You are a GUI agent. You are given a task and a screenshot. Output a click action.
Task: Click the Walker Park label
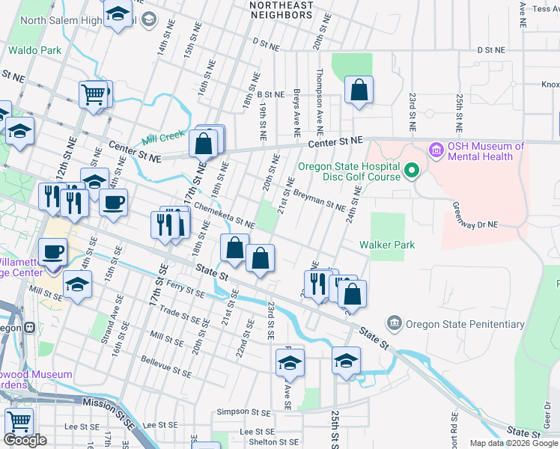pos(386,245)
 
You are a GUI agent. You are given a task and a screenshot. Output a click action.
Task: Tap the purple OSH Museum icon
pos(436,151)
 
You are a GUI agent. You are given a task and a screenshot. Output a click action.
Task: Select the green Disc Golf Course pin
pos(410,172)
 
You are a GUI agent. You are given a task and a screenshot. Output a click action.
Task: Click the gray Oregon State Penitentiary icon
pos(394,324)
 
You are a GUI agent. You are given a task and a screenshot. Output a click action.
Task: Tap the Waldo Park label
pos(35,51)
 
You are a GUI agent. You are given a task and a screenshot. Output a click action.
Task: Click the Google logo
pos(25,440)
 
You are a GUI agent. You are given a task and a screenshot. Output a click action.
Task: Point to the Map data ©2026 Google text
pos(513,443)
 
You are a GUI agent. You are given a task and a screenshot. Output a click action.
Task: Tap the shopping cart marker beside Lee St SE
pos(18,421)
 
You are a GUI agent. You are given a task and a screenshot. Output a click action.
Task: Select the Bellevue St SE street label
pos(166,366)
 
